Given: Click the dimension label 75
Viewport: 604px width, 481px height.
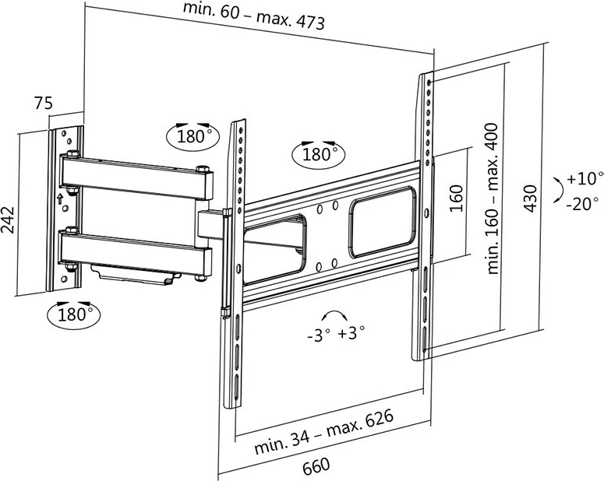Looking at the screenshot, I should pos(43,103).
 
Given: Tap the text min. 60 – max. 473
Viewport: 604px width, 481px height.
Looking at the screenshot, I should pos(254,16).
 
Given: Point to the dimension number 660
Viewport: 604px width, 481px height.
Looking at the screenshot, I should pos(316,466).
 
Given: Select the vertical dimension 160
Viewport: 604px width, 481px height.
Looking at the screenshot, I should pos(457,199).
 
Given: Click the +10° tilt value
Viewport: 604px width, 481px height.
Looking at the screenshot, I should pos(581,178).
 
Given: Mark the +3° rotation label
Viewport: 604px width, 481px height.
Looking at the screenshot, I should pos(351,335).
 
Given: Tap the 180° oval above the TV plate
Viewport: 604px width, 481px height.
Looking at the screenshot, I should pos(316,153).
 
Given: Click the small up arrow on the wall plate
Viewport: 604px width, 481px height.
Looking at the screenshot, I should pos(59,198).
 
